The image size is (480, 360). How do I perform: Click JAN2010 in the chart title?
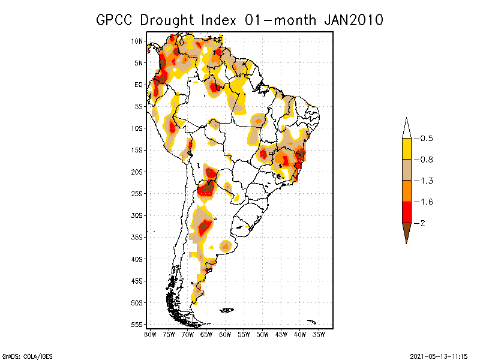pyautogui.click(x=353, y=20)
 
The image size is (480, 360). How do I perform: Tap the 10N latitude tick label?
pyautogui.click(x=137, y=41)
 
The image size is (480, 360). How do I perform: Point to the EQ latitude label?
pyautogui.click(x=139, y=85)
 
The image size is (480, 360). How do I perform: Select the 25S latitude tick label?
pyautogui.click(x=137, y=193)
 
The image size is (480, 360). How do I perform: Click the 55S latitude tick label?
pyautogui.click(x=137, y=324)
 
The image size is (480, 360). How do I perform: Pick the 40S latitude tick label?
pyautogui.click(x=137, y=259)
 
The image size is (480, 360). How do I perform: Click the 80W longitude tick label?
pyautogui.click(x=150, y=334)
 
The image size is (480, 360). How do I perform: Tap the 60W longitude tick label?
pyautogui.click(x=225, y=334)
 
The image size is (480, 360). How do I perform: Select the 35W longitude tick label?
pyautogui.click(x=319, y=334)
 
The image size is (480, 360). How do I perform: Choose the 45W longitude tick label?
pyautogui.click(x=281, y=334)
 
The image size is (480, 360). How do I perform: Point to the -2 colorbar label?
pyautogui.click(x=422, y=223)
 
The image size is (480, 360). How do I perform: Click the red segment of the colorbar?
pyautogui.click(x=406, y=212)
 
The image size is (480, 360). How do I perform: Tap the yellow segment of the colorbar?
pyautogui.click(x=406, y=149)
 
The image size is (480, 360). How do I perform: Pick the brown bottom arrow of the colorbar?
pyautogui.click(x=406, y=232)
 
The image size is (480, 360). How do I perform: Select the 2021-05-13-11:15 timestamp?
pyautogui.click(x=437, y=355)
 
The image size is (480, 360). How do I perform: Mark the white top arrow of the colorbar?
pyautogui.click(x=406, y=128)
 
